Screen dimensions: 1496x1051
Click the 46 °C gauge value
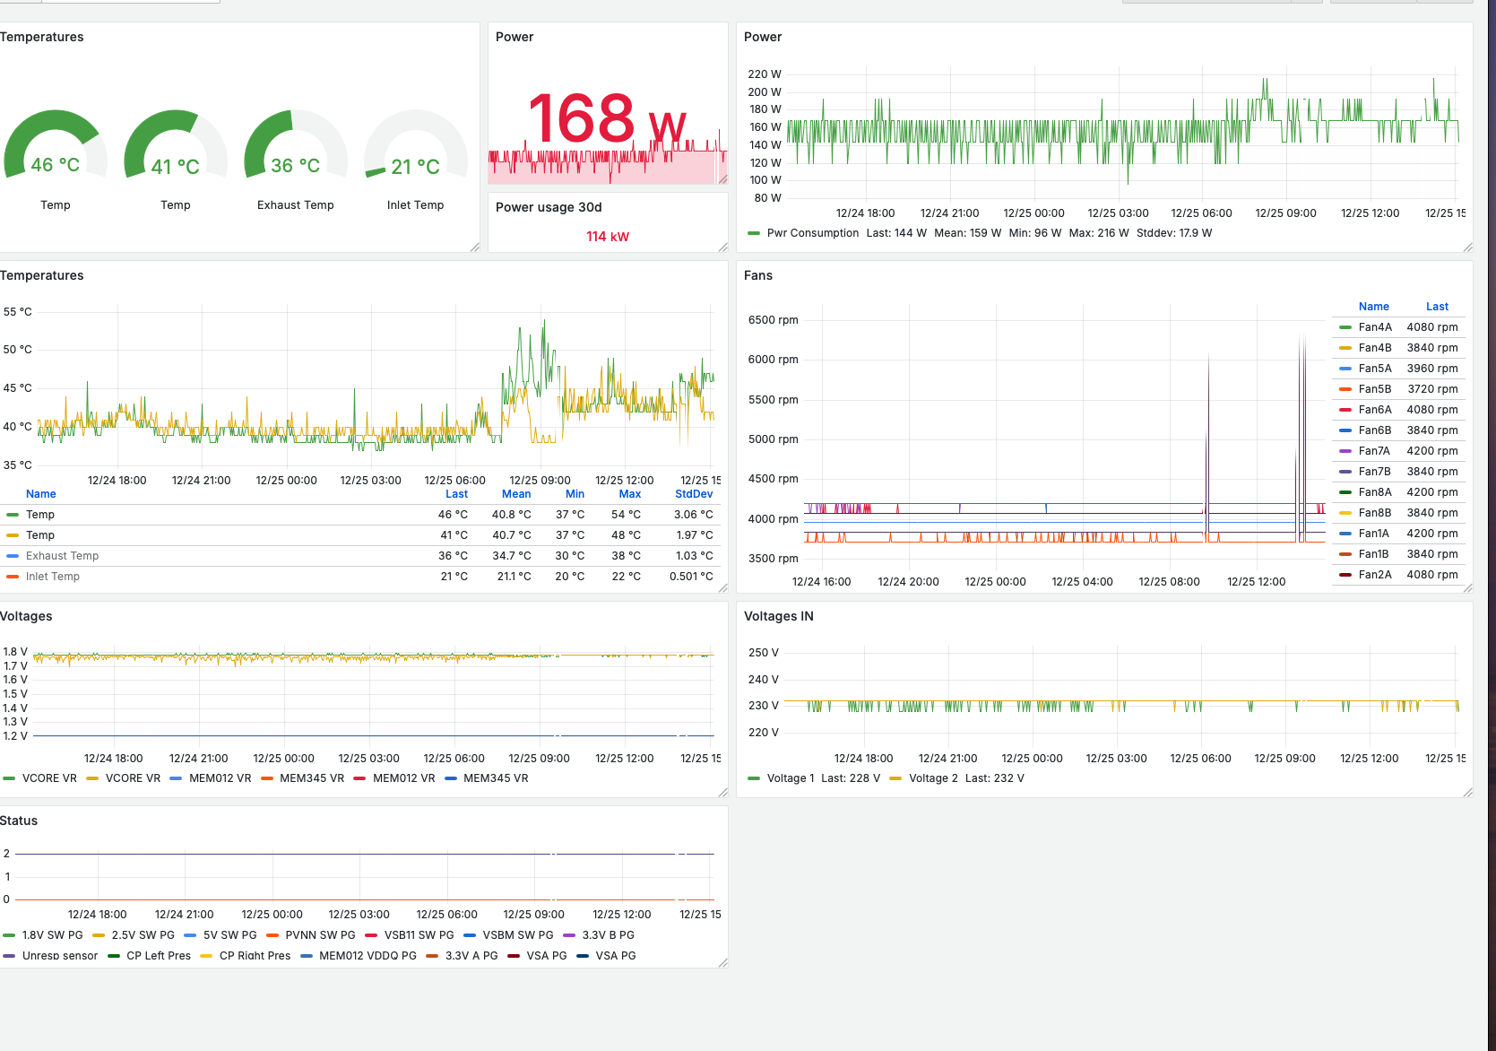click(x=55, y=165)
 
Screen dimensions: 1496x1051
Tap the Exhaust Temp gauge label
click(x=295, y=205)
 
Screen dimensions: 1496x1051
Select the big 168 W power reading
click(x=607, y=119)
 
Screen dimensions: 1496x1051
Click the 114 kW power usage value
click(x=608, y=237)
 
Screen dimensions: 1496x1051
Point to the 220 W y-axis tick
click(x=764, y=74)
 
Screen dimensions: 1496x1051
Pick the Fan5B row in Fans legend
click(x=1398, y=389)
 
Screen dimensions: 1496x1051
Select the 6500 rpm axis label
click(x=774, y=320)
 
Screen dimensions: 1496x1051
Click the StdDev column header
click(x=694, y=494)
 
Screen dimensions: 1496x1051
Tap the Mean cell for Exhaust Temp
click(x=512, y=556)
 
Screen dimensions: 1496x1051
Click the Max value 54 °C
click(x=626, y=515)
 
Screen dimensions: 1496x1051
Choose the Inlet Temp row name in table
click(x=53, y=577)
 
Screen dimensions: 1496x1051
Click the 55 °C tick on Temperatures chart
click(x=17, y=312)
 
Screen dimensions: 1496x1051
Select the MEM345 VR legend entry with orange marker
click(x=305, y=778)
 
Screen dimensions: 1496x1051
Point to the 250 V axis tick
click(x=764, y=653)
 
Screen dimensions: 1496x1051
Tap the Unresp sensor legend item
click(x=51, y=955)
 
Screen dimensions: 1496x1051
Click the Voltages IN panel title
click(x=779, y=616)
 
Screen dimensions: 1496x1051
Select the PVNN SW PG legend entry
click(x=311, y=935)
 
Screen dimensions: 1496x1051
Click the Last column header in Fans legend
click(x=1437, y=307)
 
